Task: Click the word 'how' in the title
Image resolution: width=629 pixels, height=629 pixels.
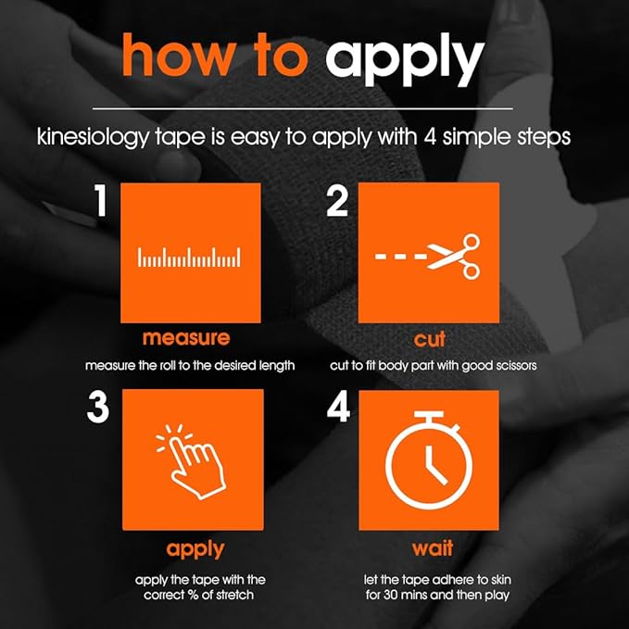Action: point(178,56)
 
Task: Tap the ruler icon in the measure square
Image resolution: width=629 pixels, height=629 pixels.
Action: point(189,258)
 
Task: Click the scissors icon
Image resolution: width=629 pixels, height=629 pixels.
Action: point(453,257)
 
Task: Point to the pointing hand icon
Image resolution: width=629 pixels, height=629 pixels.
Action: point(191,461)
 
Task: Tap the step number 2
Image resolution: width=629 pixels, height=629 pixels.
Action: point(337,201)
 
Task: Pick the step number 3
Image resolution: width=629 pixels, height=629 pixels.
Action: point(98,407)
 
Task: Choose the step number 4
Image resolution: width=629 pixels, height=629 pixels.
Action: point(338,407)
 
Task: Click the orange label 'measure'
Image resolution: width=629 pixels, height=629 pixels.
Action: point(186,338)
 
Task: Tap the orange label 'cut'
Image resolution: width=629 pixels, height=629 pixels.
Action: point(429,338)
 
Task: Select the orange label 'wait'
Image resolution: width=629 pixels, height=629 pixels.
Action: point(433,548)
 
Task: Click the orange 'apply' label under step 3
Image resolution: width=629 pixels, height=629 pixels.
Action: point(195,549)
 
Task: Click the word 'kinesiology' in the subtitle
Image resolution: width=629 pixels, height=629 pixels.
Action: point(93,137)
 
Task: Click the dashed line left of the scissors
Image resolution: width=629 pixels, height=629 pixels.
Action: point(401,256)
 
